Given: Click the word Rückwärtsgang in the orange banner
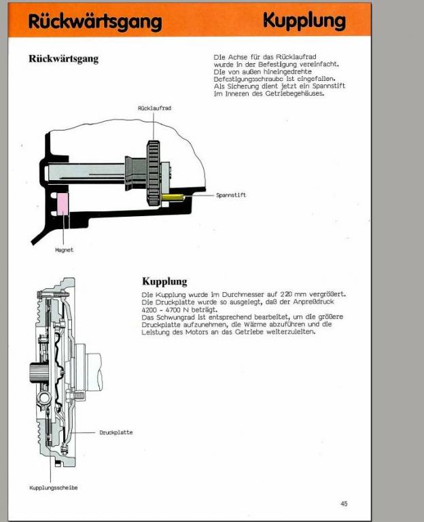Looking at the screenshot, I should click(95, 21).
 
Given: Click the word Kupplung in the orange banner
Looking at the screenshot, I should click(304, 21).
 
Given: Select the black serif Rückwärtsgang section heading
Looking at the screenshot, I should click(63, 59).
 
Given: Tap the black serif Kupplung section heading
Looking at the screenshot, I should click(164, 281).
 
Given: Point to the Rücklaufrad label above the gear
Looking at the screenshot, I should click(152, 108).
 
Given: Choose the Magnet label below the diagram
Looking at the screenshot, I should click(64, 249).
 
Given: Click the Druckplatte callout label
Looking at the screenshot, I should click(116, 432).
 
